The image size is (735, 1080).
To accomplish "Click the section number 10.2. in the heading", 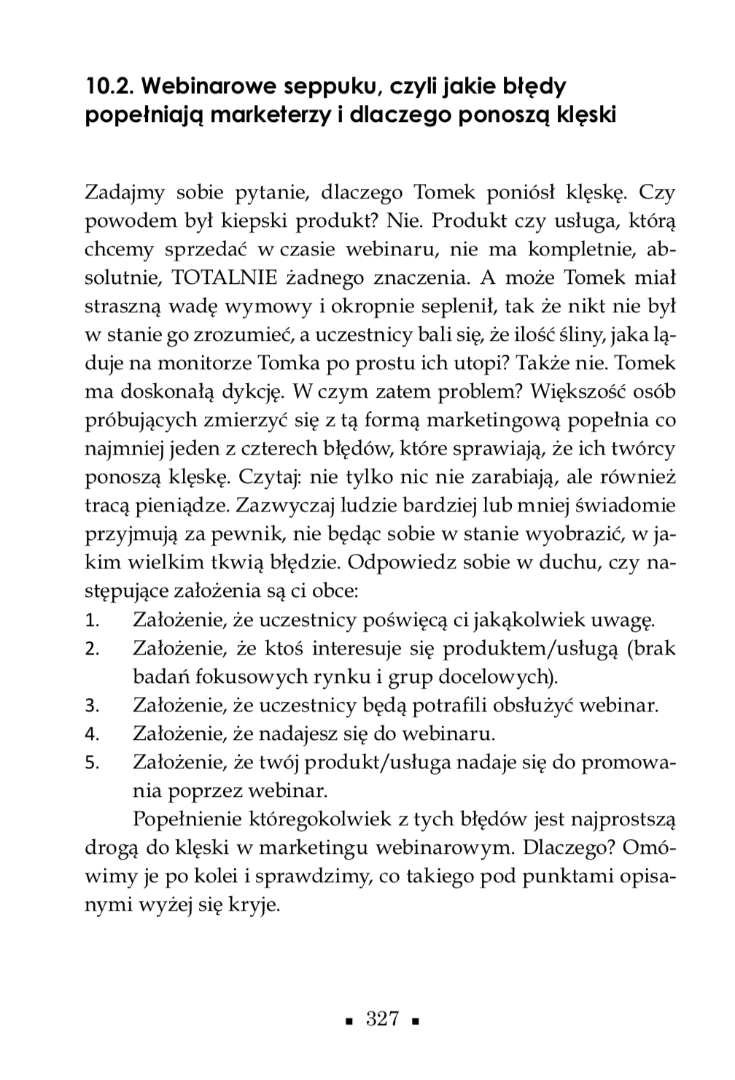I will pos(109,87).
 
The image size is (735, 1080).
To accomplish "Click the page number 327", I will pos(382,1019).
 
